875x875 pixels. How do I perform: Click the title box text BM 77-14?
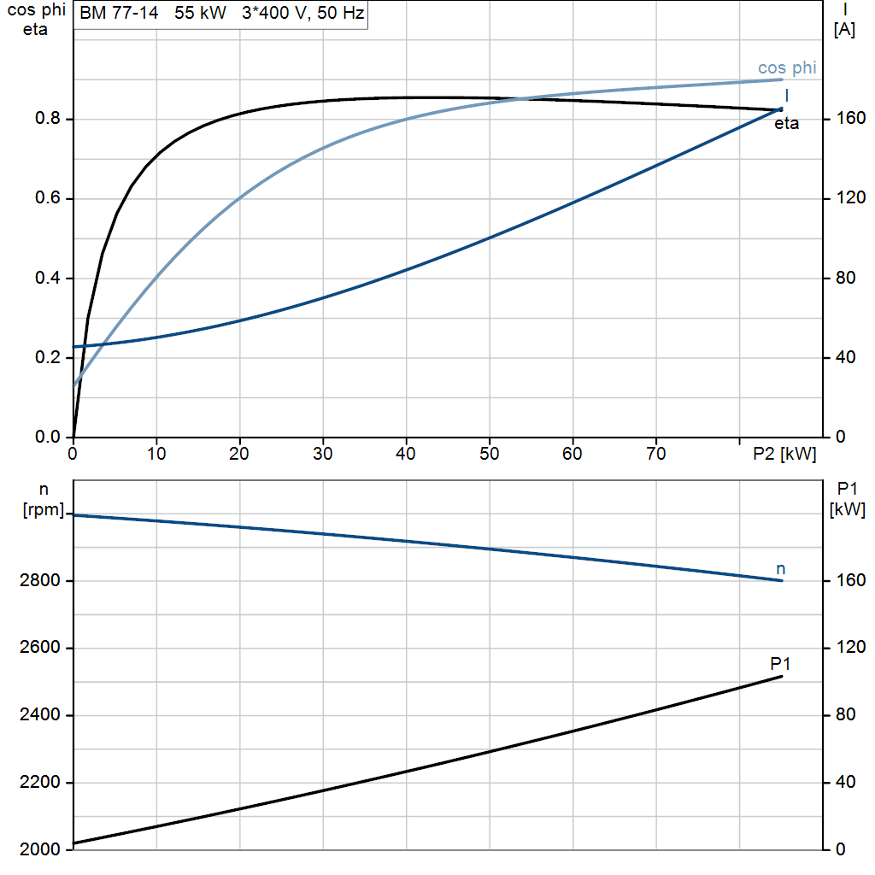[119, 12]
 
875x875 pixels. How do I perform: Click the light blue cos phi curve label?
[787, 68]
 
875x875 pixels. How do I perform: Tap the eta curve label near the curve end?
[786, 123]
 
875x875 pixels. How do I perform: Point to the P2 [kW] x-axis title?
[784, 454]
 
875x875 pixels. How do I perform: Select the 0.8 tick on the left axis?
[47, 118]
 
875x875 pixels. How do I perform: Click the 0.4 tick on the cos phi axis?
[47, 278]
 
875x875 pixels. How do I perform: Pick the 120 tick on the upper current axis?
[850, 197]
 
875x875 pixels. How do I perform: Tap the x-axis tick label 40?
[406, 454]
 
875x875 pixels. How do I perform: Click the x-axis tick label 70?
[655, 454]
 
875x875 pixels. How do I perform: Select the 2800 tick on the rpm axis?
[39, 580]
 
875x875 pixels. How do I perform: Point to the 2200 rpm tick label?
[39, 783]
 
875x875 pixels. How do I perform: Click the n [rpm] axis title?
[44, 500]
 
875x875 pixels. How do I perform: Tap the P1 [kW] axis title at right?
[847, 499]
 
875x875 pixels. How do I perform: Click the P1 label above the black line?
[780, 664]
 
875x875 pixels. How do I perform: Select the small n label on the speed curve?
[781, 569]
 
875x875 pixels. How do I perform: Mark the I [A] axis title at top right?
[844, 20]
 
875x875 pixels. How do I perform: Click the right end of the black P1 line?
[781, 677]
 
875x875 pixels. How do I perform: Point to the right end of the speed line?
[781, 580]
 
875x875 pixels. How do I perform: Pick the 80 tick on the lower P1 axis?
[845, 714]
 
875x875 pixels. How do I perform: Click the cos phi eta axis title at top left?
[36, 20]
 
